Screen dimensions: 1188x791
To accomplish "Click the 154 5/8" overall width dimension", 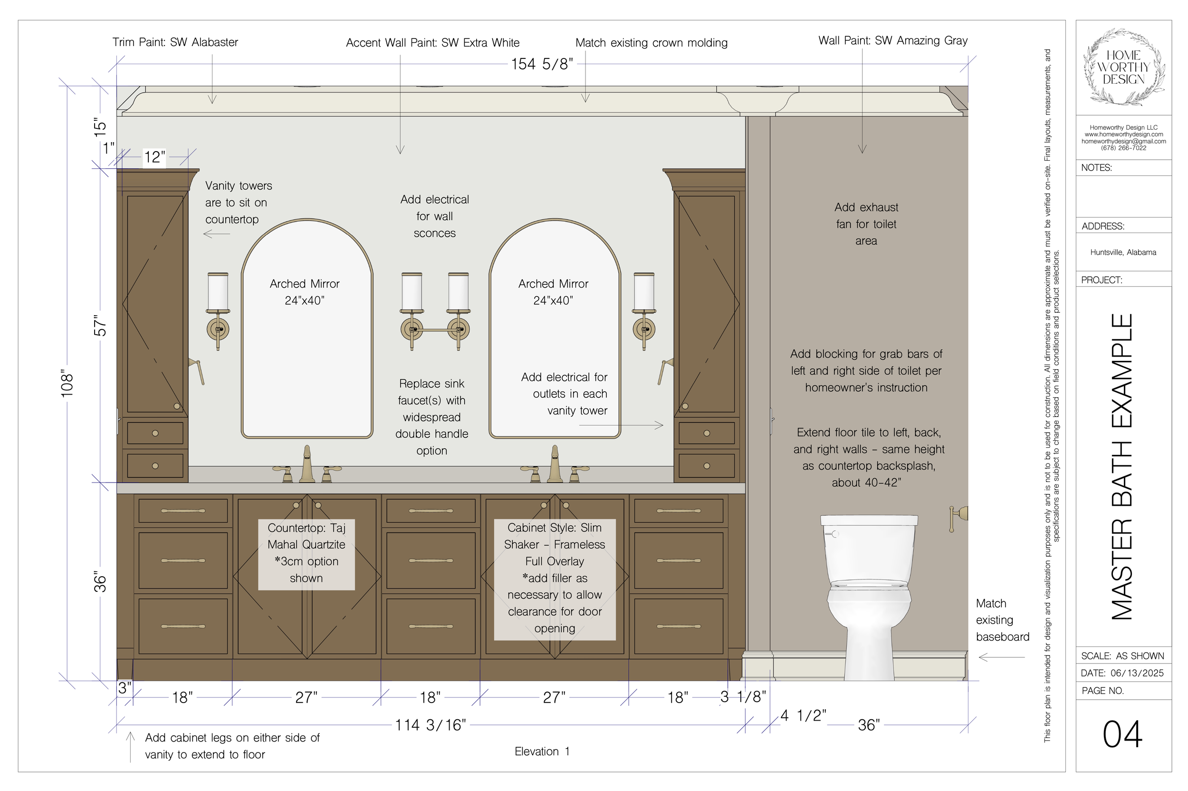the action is click(542, 64).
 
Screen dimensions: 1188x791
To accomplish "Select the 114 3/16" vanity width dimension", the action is click(430, 725).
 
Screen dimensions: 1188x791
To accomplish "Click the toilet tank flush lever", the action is click(831, 533).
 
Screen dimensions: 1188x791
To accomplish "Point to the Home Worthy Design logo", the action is click(1123, 67).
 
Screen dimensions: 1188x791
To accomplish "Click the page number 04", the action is click(1122, 734).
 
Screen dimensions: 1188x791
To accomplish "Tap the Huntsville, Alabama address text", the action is click(1123, 252).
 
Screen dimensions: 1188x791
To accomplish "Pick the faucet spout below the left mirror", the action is click(307, 463).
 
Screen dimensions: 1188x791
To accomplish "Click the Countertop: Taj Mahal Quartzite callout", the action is click(306, 553).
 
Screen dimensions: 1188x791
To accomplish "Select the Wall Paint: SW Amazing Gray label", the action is click(892, 40).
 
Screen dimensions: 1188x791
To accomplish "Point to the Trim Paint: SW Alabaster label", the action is click(175, 42).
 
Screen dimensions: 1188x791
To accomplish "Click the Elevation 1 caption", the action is click(542, 751).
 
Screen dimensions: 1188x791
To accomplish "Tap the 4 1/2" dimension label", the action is click(803, 715).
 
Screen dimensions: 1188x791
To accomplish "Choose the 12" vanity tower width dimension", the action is click(154, 157).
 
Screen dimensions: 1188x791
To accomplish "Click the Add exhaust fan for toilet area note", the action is click(866, 224).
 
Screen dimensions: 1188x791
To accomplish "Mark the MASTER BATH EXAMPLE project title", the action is click(1122, 467).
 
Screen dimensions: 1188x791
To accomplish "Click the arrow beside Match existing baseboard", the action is click(1001, 657).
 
